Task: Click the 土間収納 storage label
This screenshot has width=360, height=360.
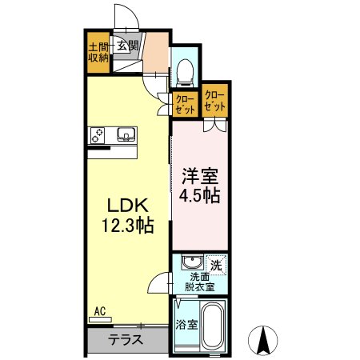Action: pos(98,51)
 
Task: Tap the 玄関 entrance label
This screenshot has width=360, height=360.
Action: pos(128,46)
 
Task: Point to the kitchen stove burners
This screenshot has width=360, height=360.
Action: pos(98,135)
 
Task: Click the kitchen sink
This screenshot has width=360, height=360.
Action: pos(125,134)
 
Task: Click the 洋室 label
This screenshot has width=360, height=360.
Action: pos(199,175)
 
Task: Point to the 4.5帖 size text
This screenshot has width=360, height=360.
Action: pos(199,194)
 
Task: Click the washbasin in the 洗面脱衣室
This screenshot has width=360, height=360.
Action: pos(190,262)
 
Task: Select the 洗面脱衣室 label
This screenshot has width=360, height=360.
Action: pos(200,281)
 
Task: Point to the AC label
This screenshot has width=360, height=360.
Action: pos(100,310)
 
